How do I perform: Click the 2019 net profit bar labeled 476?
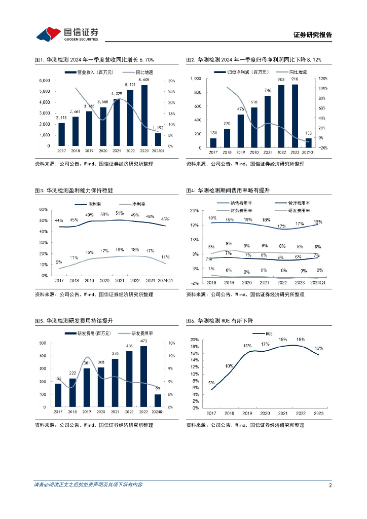(x=240, y=130)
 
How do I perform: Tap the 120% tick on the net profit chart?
(x=323, y=79)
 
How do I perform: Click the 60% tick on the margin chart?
(x=43, y=209)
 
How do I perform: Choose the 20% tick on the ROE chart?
(x=195, y=340)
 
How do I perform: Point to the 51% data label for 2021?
(x=120, y=213)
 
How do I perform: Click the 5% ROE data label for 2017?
(x=211, y=383)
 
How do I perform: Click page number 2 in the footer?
(x=330, y=485)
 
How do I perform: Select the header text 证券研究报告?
(x=313, y=35)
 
